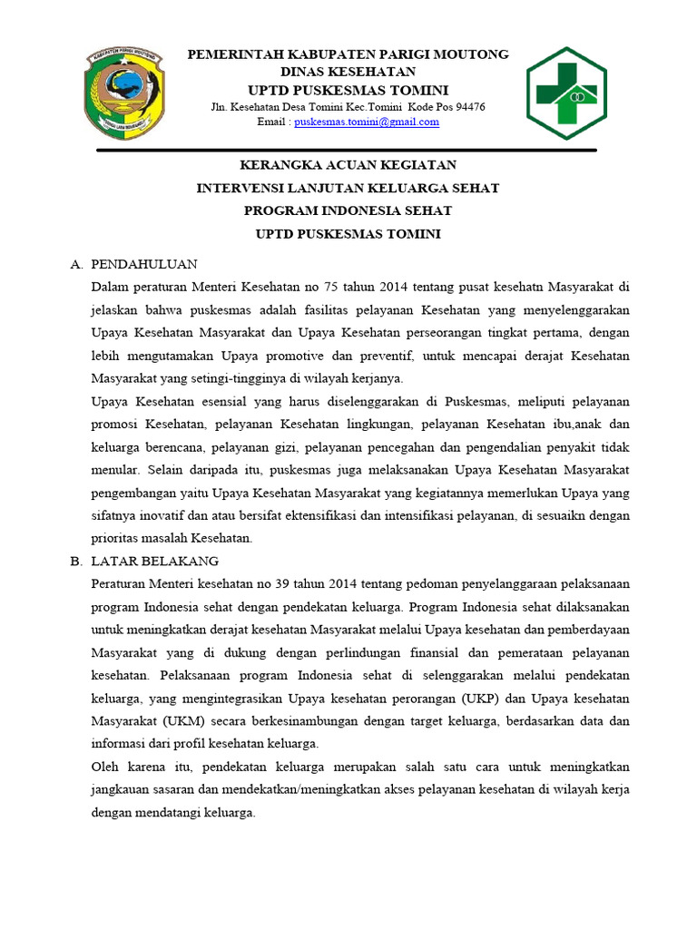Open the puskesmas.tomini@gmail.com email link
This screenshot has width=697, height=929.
pyautogui.click(x=373, y=122)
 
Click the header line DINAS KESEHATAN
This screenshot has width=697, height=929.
pyautogui.click(x=348, y=72)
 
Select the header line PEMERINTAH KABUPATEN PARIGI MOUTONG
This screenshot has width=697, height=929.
pyautogui.click(x=348, y=54)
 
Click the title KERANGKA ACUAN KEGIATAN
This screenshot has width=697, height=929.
pyautogui.click(x=348, y=165)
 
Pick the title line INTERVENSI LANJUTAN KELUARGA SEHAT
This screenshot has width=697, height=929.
pyautogui.click(x=348, y=189)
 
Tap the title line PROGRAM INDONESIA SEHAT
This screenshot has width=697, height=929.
pyautogui.click(x=348, y=211)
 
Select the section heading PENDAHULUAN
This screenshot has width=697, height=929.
pyautogui.click(x=145, y=264)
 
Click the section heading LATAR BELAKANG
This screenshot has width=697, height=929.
pyautogui.click(x=155, y=562)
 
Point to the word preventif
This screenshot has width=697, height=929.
pyautogui.click(x=385, y=356)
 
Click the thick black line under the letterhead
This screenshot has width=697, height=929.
pyautogui.click(x=348, y=150)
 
